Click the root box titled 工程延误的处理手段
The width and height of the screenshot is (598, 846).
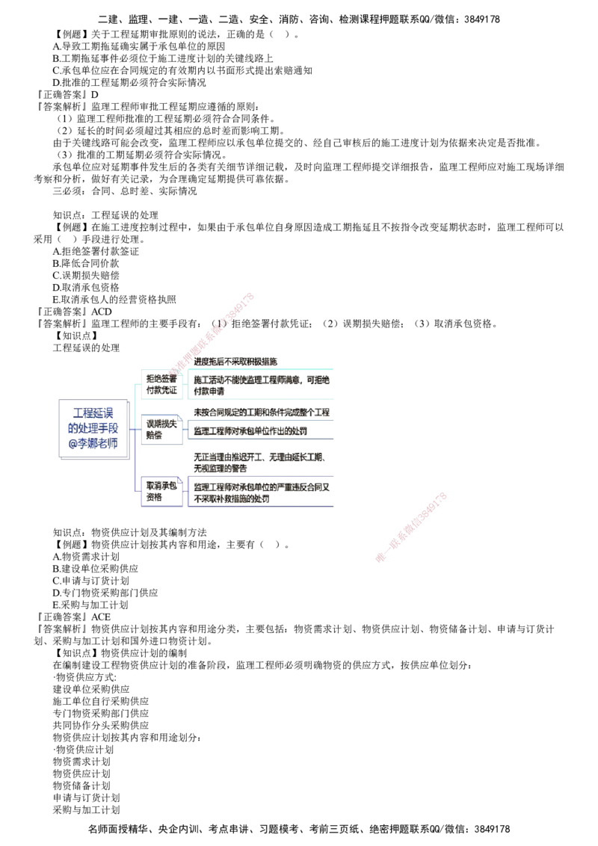(93, 427)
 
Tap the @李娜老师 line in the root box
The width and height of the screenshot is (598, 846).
(93, 448)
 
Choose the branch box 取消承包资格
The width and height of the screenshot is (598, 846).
(161, 490)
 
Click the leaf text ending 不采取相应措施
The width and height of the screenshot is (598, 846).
(235, 361)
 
